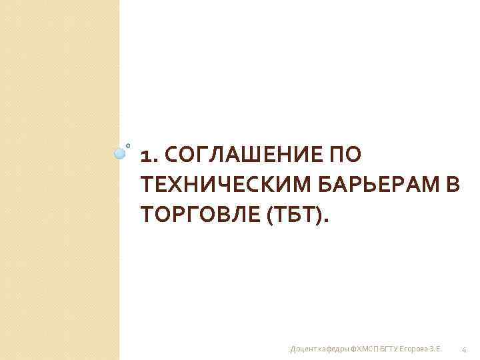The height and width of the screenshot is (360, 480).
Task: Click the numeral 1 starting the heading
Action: (147, 156)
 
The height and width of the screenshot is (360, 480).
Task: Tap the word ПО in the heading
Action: (345, 156)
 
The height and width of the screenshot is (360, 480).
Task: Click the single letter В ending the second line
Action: (453, 185)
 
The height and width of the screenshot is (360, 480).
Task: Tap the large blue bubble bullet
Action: (120, 153)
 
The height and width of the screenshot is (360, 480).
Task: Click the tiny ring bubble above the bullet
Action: (128, 144)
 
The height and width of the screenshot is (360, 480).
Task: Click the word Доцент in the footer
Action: (303, 349)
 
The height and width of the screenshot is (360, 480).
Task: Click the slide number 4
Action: (464, 349)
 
